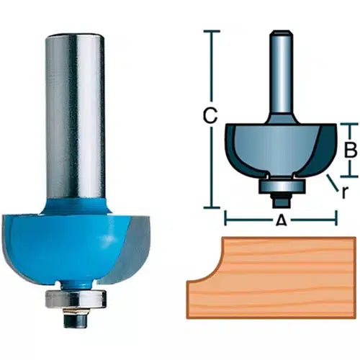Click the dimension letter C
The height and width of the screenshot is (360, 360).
pos(210,116)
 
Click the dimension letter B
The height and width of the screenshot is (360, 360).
pos(350,150)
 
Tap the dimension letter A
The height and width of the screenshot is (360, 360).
pos(281,220)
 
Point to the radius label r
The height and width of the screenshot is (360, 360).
pos(344,192)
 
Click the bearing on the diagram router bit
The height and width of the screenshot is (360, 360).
pos(282,185)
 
